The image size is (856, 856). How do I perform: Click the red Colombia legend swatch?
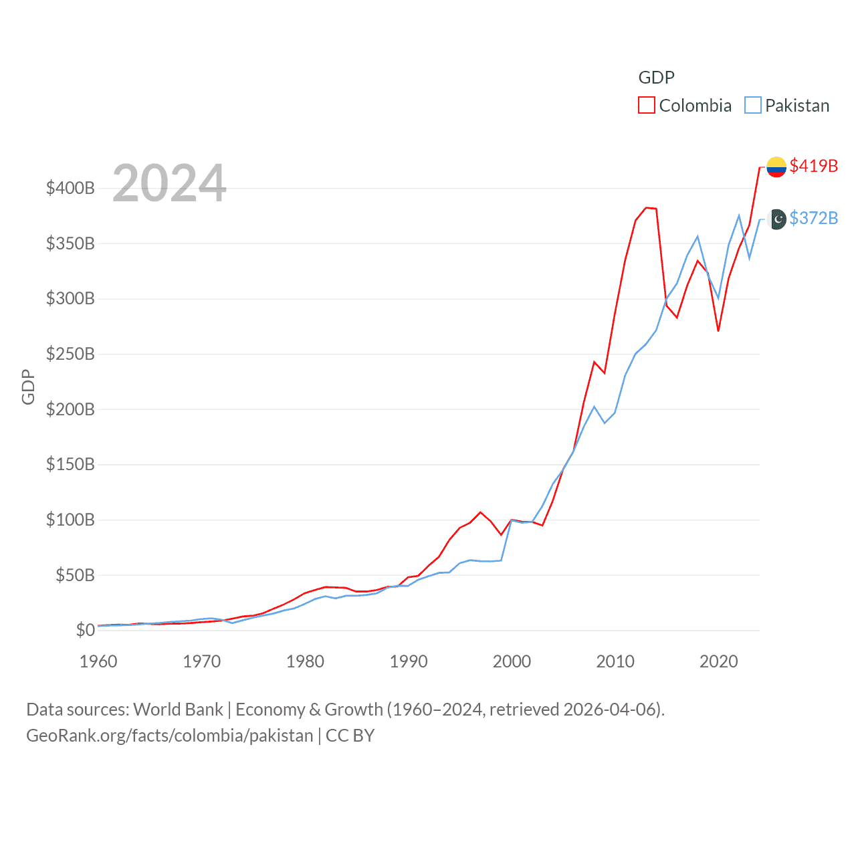pos(646,106)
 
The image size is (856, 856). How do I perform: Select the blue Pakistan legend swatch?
pos(753,106)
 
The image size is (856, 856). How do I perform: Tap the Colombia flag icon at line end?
pos(776,167)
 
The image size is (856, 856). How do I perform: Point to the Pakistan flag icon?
pos(777,219)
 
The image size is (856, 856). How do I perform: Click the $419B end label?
pos(813,166)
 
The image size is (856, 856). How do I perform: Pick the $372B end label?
pos(813,218)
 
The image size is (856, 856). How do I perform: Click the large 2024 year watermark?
pos(169,183)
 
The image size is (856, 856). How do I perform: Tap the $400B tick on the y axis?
pos(70,188)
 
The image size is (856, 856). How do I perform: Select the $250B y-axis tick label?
pos(70,354)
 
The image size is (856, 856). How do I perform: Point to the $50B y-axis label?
pos(75,575)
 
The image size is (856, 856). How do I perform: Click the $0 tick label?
pos(85,630)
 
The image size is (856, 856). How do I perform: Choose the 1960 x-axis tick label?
pos(98,661)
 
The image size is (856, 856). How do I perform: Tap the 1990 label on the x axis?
pos(409,661)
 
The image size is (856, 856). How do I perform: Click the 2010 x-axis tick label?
pos(615,661)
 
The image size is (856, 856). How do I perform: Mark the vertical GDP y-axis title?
pos(28,387)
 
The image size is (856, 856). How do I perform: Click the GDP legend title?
pos(656,78)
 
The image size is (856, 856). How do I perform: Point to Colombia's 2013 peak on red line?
pos(646,207)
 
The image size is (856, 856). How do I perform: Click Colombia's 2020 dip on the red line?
pos(718,330)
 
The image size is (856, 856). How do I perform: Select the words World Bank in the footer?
pos(179,709)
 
